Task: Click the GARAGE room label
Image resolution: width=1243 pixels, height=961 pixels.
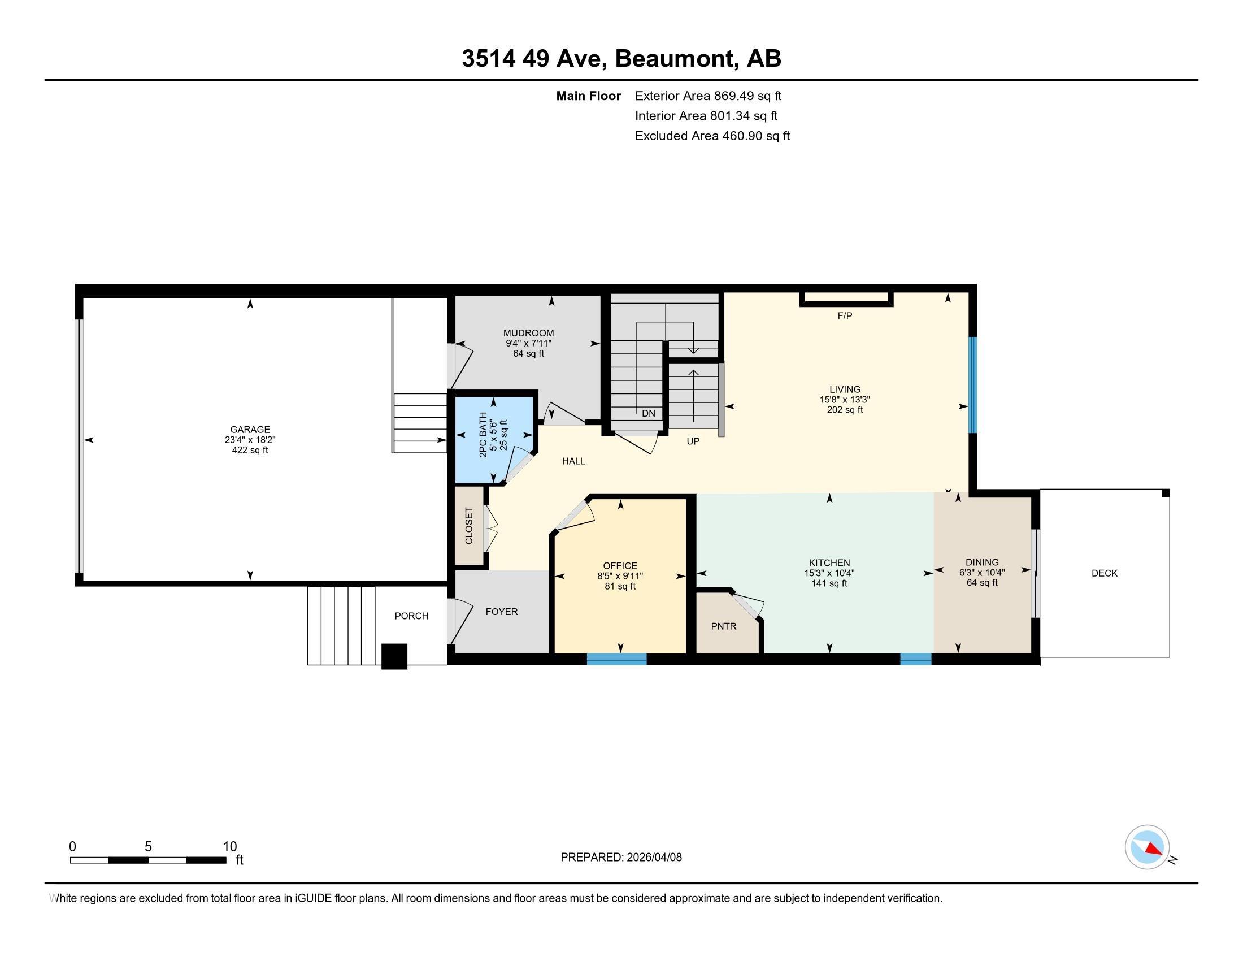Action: click(x=250, y=429)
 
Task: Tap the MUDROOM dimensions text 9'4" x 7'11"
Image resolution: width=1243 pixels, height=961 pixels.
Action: click(x=528, y=343)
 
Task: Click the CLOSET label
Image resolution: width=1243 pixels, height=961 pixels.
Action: click(x=469, y=526)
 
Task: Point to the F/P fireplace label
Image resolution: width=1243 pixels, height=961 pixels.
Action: click(x=845, y=316)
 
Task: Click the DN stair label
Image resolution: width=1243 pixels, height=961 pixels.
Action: click(x=648, y=413)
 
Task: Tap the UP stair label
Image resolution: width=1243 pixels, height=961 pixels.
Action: click(x=693, y=441)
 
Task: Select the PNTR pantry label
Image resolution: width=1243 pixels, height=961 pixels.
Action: click(x=723, y=626)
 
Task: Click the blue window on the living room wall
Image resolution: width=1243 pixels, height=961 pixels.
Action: click(x=973, y=385)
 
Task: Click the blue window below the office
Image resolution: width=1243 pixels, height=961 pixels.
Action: click(x=616, y=659)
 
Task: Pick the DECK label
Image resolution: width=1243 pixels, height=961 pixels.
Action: click(x=1104, y=573)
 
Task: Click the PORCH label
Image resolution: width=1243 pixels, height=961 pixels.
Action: click(x=411, y=616)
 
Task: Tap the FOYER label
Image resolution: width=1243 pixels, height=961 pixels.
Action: click(x=501, y=612)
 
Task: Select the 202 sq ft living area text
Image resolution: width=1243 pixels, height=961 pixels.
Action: click(x=845, y=410)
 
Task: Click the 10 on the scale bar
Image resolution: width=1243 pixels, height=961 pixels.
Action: click(x=229, y=847)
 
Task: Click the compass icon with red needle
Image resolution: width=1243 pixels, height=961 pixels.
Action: click(x=1147, y=847)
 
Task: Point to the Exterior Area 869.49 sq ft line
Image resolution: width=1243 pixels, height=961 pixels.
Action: click(x=708, y=96)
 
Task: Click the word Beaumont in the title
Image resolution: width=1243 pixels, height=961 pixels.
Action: click(x=675, y=59)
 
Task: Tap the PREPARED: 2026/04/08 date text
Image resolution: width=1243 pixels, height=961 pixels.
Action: click(x=621, y=857)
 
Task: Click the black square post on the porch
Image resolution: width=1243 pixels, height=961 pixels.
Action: click(x=394, y=656)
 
